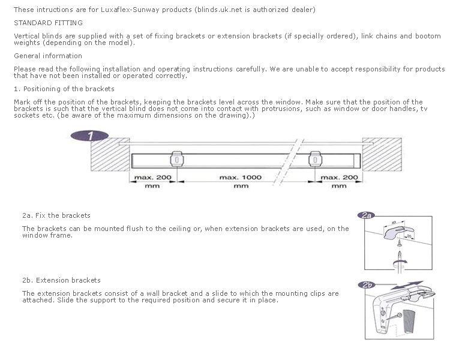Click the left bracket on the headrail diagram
pyautogui.click(x=177, y=159)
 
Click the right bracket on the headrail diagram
pyautogui.click(x=315, y=159)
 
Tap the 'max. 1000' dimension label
pyautogui.click(x=241, y=178)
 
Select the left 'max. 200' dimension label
pyautogui.click(x=152, y=178)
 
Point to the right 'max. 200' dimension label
pyautogui.click(x=340, y=178)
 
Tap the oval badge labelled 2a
pyautogui.click(x=366, y=215)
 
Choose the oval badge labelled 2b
pyautogui.click(x=367, y=284)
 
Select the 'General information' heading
pyautogui.click(x=47, y=56)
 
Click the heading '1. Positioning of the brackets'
pyautogui.click(x=64, y=89)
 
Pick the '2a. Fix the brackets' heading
pyautogui.click(x=56, y=215)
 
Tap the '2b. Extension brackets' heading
pyautogui.click(x=61, y=280)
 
